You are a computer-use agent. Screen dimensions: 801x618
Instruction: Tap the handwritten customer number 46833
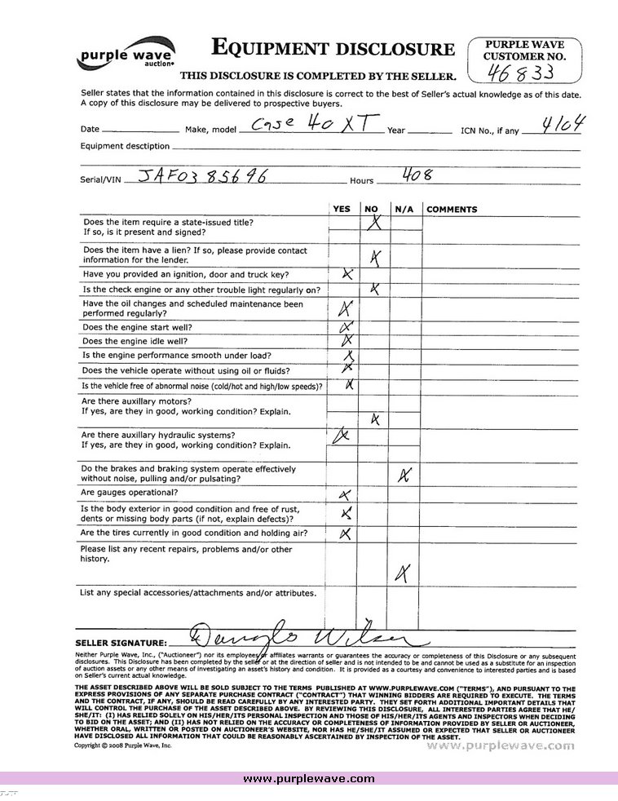pyautogui.click(x=521, y=73)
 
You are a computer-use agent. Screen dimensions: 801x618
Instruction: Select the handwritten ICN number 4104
pyautogui.click(x=568, y=125)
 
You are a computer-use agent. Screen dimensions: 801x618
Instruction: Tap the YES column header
pyautogui.click(x=342, y=210)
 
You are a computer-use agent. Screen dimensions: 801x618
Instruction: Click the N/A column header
pyautogui.click(x=404, y=210)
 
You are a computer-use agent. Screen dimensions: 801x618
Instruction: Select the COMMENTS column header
pyautogui.click(x=452, y=210)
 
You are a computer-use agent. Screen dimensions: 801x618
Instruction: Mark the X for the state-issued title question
pyautogui.click(x=374, y=222)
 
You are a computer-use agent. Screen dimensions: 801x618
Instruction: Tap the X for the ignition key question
pyautogui.click(x=347, y=274)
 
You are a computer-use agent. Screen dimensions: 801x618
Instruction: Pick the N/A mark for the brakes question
pyautogui.click(x=404, y=475)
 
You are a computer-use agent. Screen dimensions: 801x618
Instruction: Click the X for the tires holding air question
pyautogui.click(x=345, y=533)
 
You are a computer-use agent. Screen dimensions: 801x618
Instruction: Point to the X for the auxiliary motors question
pyautogui.click(x=375, y=419)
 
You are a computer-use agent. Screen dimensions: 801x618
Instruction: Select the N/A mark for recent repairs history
pyautogui.click(x=401, y=573)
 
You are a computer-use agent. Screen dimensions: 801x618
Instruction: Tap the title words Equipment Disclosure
pyautogui.click(x=333, y=49)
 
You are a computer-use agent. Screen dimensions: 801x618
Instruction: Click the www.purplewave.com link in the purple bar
pyautogui.click(x=309, y=778)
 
